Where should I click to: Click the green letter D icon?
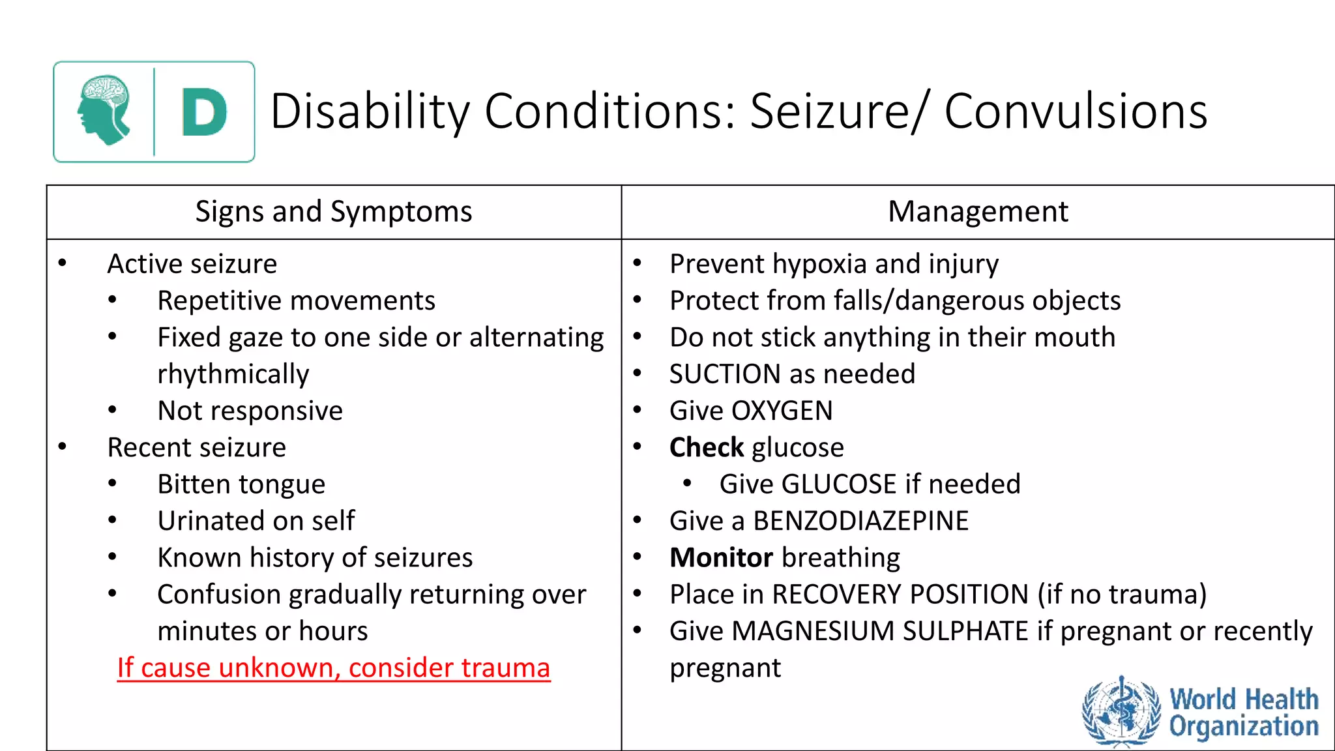pyautogui.click(x=204, y=112)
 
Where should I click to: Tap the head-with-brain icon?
pyautogui.click(x=104, y=110)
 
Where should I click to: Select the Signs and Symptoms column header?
pyautogui.click(x=334, y=212)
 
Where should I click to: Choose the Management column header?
pyautogui.click(x=978, y=212)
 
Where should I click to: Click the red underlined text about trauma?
pyautogui.click(x=334, y=668)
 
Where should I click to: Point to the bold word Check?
pyautogui.click(x=706, y=448)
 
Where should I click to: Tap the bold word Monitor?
pyautogui.click(x=721, y=558)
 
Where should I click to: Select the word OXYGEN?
pyautogui.click(x=782, y=411)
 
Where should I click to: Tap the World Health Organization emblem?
pyautogui.click(x=1121, y=711)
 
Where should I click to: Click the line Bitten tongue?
pyautogui.click(x=241, y=484)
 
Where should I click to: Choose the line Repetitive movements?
pyautogui.click(x=296, y=301)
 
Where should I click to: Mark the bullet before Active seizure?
pyautogui.click(x=63, y=263)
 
